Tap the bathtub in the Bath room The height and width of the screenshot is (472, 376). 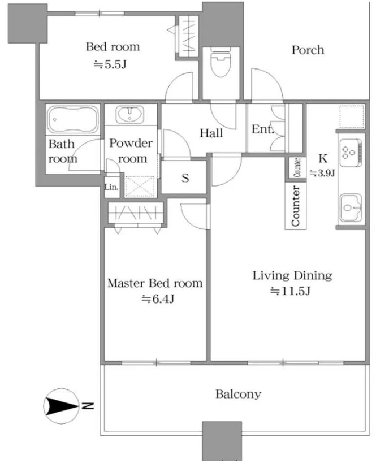[x=73, y=119]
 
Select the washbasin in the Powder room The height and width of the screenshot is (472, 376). [x=129, y=114]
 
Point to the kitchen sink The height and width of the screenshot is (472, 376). [x=351, y=207]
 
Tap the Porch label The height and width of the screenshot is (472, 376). [x=308, y=50]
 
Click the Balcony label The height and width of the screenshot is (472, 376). [x=238, y=394]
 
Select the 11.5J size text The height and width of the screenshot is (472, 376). [x=290, y=291]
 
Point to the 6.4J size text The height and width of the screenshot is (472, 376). [x=158, y=299]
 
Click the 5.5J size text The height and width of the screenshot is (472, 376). [x=110, y=64]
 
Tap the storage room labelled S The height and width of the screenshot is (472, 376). [x=184, y=177]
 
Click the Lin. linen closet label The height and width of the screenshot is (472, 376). [x=111, y=187]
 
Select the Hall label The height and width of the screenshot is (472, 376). [x=211, y=133]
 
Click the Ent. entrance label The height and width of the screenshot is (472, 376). [x=262, y=129]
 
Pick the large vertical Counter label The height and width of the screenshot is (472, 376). [x=296, y=206]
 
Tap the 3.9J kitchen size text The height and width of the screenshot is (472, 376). [x=322, y=173]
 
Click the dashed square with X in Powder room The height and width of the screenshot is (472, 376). [x=140, y=187]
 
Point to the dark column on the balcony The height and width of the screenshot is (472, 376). [x=222, y=440]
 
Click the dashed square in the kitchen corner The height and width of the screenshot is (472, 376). [x=352, y=117]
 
